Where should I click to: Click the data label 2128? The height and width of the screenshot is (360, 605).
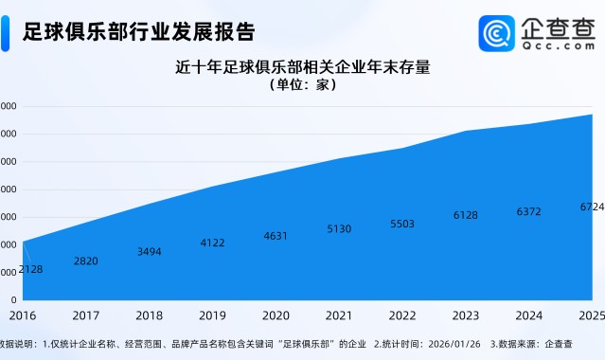coord(30,269)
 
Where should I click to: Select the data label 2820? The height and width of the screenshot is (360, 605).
coord(85,261)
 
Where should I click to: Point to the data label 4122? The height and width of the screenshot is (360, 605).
coord(213,243)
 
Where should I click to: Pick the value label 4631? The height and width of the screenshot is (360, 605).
coord(276,235)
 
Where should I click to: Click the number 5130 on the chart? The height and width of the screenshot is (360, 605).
coord(339,228)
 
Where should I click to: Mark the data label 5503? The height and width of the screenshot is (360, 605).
coord(402,224)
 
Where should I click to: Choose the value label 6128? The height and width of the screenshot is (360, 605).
coord(466,215)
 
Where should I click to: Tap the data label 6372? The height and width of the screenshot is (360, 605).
coord(529,211)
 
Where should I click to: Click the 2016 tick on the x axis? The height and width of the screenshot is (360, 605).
coord(22,315)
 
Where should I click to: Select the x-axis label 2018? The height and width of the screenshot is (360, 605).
coord(149,315)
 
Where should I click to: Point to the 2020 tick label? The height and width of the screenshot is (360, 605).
coord(276,315)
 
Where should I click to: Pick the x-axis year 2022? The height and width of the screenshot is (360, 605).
coord(402,315)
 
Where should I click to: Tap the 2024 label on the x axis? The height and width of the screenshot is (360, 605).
coord(528,315)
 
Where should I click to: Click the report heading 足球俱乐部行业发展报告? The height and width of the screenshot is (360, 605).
coord(139,32)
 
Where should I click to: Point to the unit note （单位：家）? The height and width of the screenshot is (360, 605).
coord(303,85)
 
